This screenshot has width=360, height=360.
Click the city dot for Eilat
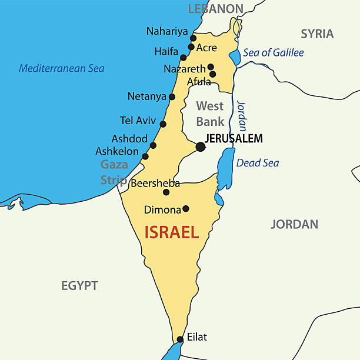[x=180, y=339]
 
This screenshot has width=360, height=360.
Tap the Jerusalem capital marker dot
[x=201, y=146]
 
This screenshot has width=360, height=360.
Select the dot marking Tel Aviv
[x=163, y=124]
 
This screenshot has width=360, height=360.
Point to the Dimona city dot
[x=186, y=208]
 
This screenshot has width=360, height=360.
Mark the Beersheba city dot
[x=166, y=192]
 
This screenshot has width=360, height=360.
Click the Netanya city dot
[x=172, y=97]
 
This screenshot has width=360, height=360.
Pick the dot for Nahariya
[x=194, y=38]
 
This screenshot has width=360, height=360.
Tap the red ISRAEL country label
[x=172, y=232]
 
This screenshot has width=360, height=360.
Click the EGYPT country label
[x=79, y=286]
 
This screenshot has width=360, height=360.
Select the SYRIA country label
[x=317, y=34]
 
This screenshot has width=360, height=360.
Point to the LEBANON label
[x=215, y=8]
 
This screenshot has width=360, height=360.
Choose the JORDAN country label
[x=294, y=224]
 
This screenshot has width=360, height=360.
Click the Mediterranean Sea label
[x=62, y=68]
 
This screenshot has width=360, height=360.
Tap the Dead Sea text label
[x=258, y=163]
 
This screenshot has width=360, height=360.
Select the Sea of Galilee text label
[x=274, y=53]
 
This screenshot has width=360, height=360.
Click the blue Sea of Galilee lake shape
[x=235, y=57]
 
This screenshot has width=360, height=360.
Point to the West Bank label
[x=210, y=114]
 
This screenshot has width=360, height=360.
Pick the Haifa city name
[x=166, y=52]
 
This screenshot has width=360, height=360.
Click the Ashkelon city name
[x=117, y=151]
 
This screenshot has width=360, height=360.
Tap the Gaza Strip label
[x=114, y=172]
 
